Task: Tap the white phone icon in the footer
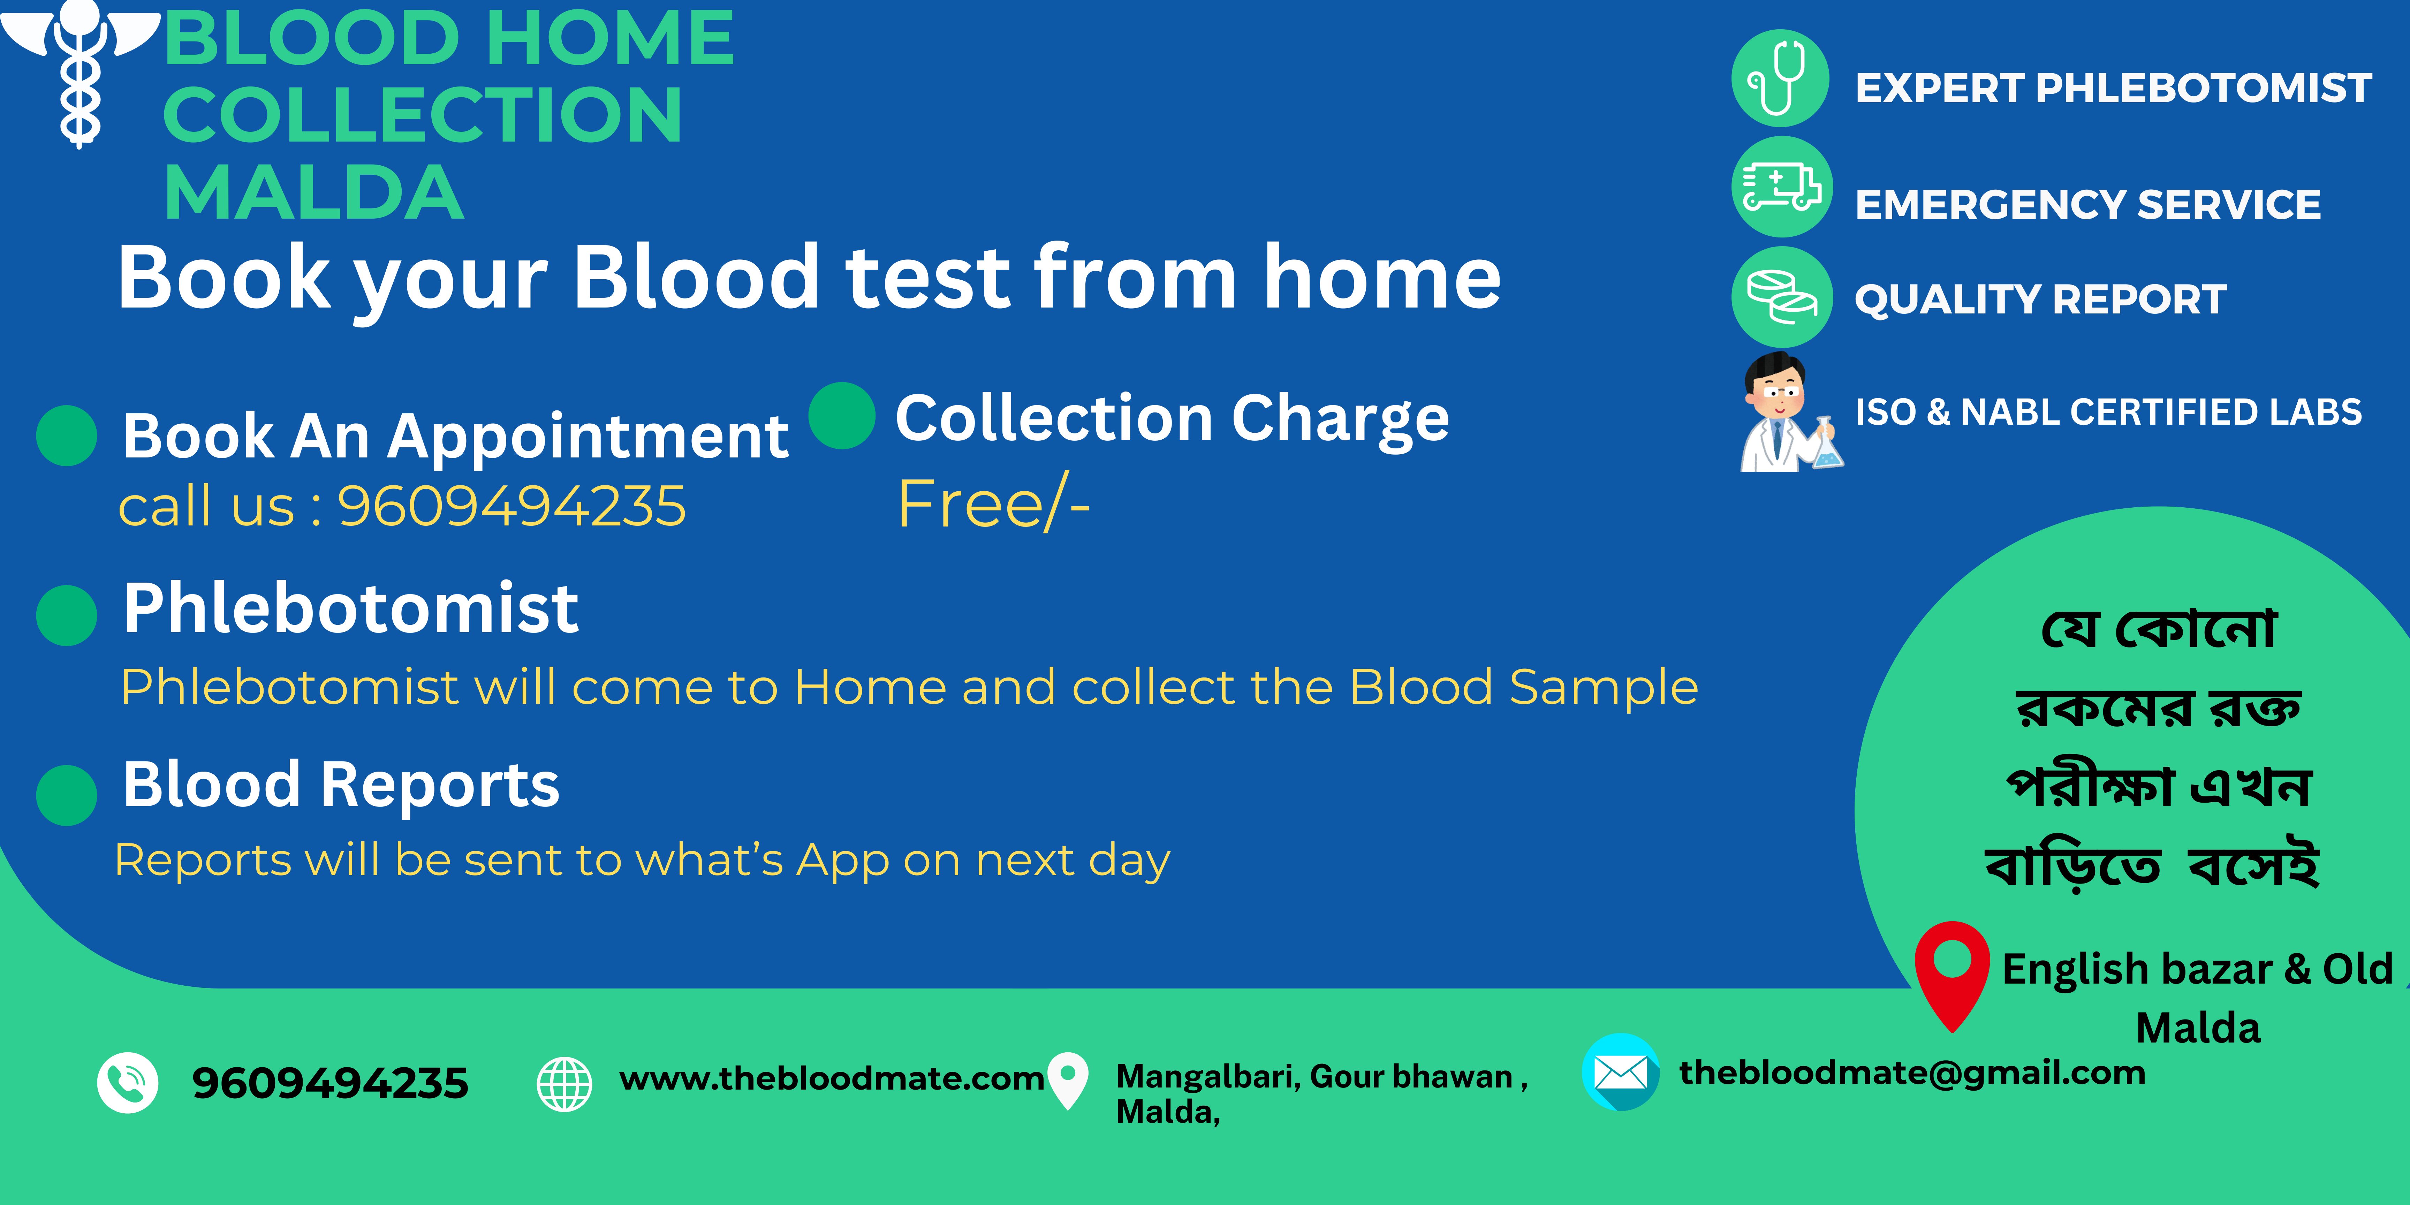127,1082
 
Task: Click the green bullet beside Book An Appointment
67,435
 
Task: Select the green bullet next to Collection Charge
842,415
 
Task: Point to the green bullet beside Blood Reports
67,795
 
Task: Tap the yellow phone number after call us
512,506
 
